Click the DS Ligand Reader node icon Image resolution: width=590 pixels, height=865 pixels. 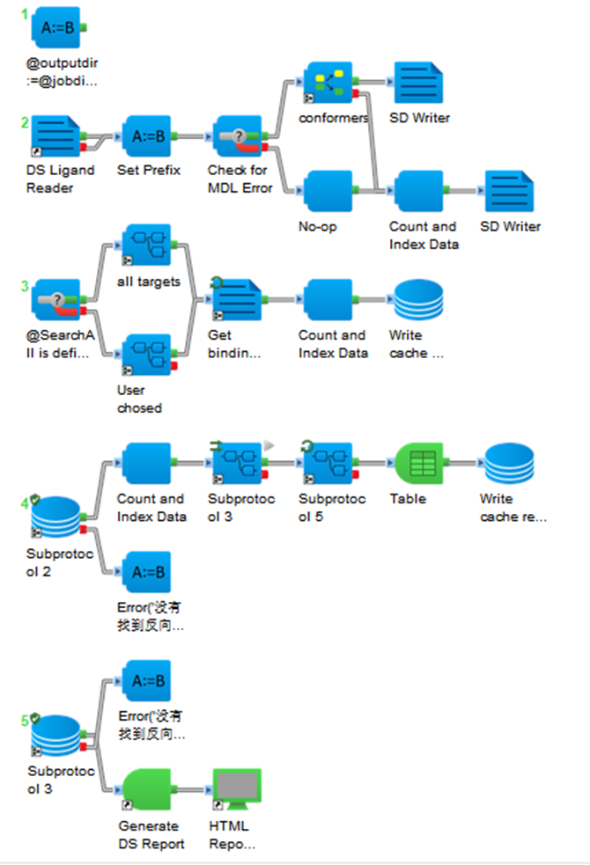pos(55,136)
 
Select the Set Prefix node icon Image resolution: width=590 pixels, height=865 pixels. pos(147,136)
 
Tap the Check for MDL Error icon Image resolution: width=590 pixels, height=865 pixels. pos(238,136)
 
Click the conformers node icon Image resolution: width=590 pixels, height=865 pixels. pos(328,82)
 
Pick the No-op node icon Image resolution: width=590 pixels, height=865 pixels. pos(328,191)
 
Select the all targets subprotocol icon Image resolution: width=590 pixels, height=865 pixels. pos(147,245)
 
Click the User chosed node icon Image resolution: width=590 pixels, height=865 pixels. pos(147,355)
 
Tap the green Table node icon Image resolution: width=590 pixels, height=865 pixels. pos(419,464)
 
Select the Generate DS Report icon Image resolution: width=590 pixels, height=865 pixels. pos(147,789)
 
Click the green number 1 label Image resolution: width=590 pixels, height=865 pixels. pos(25,14)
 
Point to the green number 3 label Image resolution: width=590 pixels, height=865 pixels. pos(25,286)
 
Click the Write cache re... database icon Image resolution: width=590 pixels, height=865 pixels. pos(509,464)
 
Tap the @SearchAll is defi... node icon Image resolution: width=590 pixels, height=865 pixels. pos(55,299)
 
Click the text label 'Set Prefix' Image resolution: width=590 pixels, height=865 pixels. pos(149,170)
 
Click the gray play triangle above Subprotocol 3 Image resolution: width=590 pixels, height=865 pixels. pos(269,444)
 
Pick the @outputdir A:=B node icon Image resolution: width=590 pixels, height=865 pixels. pos(55,27)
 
